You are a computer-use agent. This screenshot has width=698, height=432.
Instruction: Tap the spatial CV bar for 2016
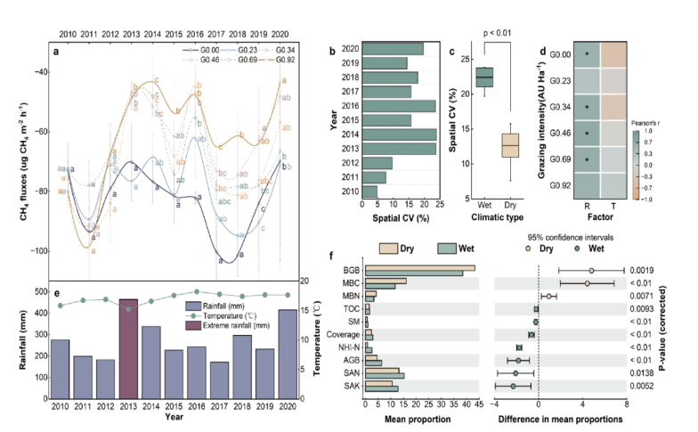(x=399, y=105)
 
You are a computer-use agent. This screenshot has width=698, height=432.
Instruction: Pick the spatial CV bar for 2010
(x=370, y=192)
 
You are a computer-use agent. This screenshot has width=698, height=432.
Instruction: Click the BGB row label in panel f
(x=352, y=269)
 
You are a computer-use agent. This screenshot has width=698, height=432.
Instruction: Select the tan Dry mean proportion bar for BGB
(x=420, y=266)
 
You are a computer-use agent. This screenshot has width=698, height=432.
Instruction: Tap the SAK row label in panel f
(x=352, y=387)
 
